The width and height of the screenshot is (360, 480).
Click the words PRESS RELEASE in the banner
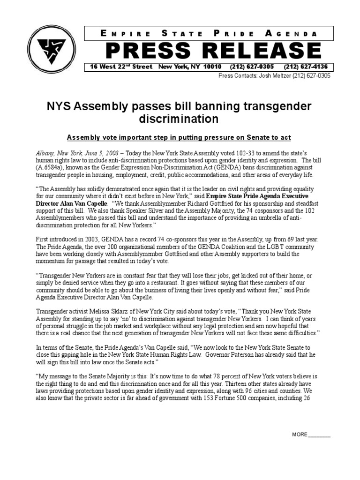click(x=213, y=51)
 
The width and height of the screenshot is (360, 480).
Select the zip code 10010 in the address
click(x=211, y=67)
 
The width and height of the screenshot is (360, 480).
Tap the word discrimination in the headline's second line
click(x=179, y=119)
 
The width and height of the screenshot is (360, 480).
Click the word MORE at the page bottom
click(x=300, y=435)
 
